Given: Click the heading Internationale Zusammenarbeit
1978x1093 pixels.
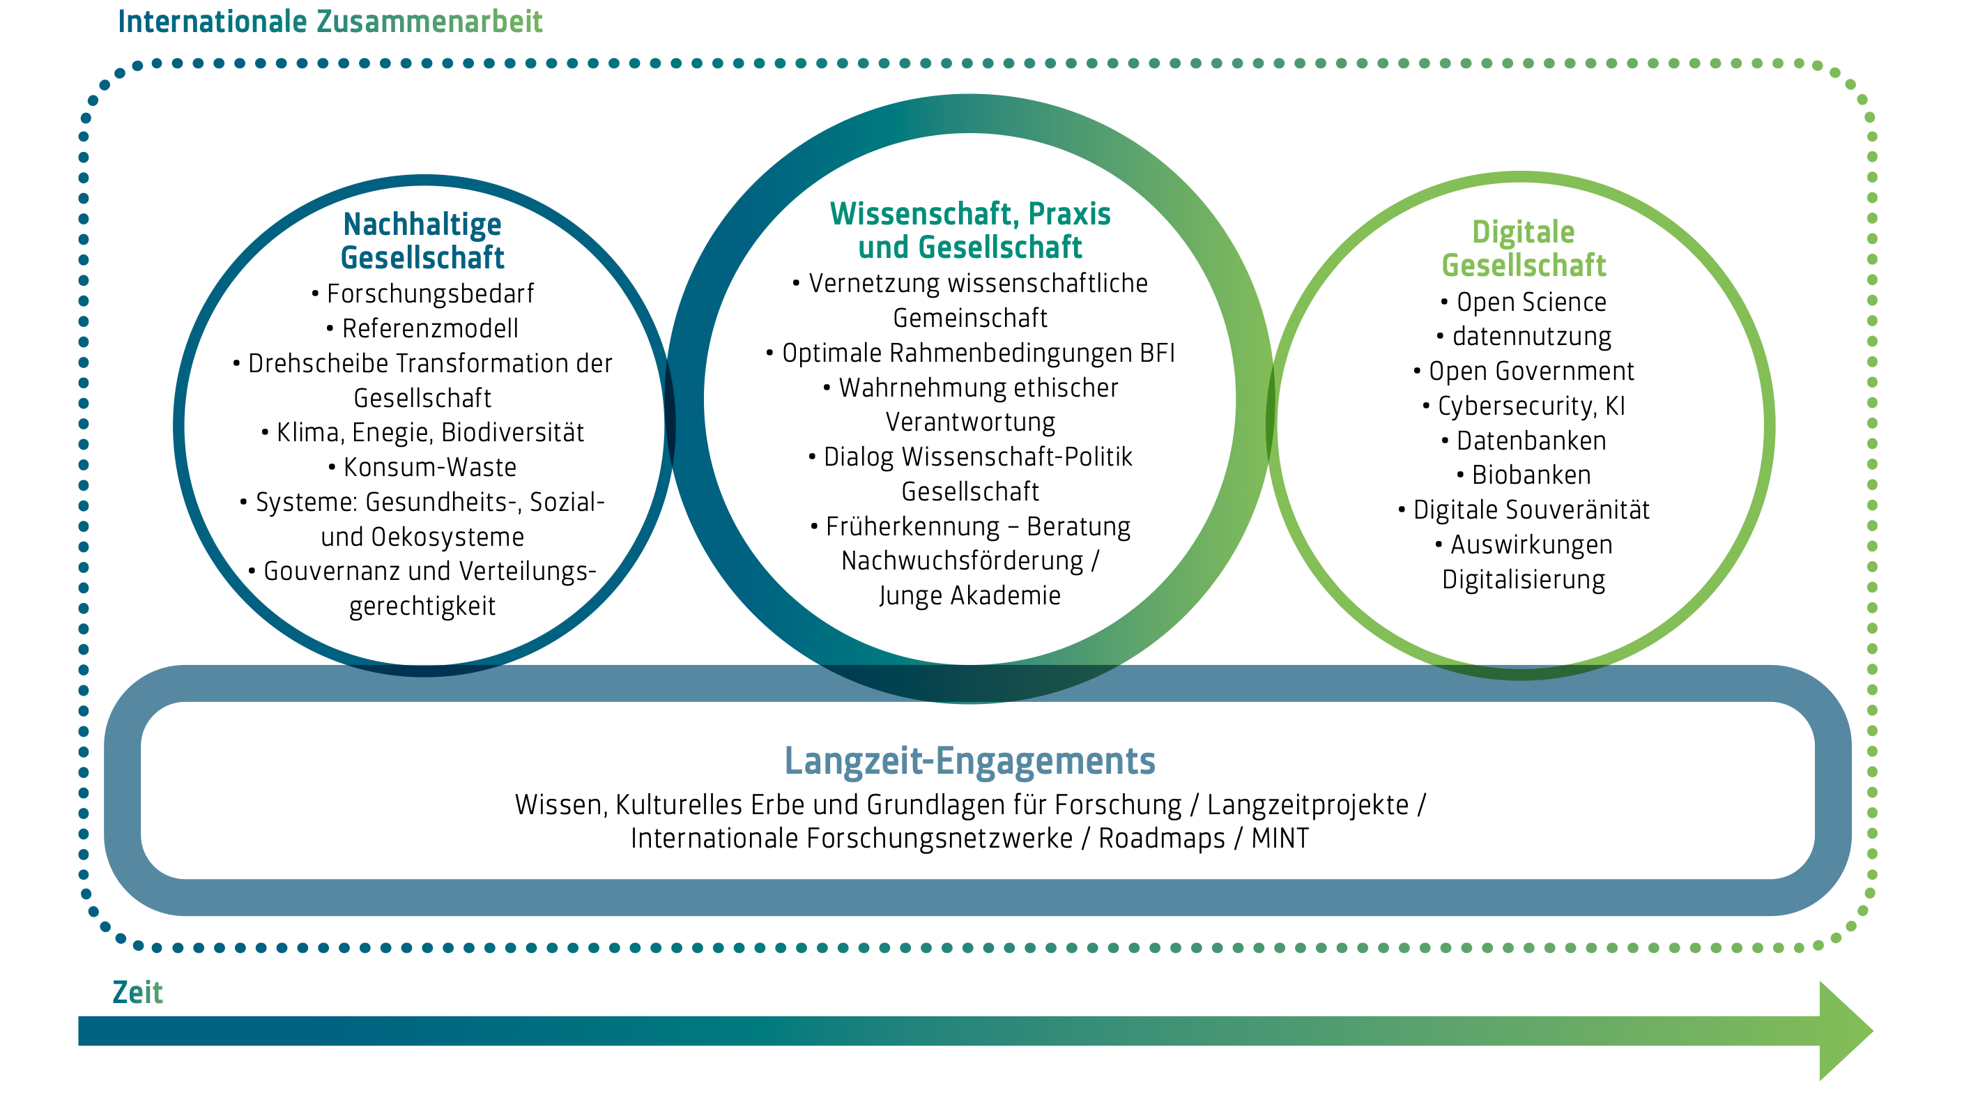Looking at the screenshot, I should [330, 22].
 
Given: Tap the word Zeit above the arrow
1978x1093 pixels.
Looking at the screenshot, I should [137, 993].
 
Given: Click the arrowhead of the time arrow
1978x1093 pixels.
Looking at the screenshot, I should [1844, 1031].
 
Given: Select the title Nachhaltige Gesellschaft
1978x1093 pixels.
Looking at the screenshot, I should [422, 240].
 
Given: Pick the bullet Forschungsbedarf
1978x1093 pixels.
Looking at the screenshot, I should [429, 293].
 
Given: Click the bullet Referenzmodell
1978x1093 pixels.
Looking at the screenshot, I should [429, 329].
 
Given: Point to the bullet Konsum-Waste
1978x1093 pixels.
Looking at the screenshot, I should [429, 467].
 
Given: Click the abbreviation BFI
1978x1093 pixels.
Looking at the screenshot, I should [1157, 353].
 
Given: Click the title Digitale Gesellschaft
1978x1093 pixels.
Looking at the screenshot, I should [1524, 248].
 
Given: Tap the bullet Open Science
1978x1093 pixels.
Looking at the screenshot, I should [1531, 302].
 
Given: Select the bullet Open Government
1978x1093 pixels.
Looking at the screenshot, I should [1531, 371].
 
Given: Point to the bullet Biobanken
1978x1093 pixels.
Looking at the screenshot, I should [1531, 475].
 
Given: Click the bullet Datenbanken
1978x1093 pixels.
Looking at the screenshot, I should [1531, 441].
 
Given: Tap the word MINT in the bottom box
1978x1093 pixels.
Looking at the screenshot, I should [1280, 838].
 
